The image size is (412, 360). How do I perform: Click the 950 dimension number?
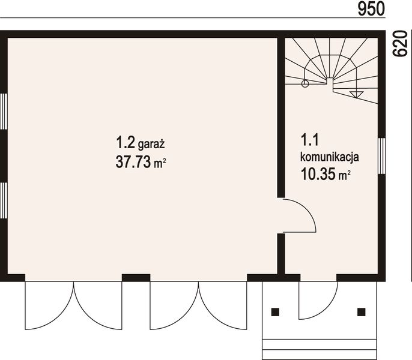pyautogui.click(x=371, y=9)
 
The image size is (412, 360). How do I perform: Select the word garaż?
pyautogui.click(x=151, y=145)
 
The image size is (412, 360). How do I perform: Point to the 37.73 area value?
pyautogui.click(x=133, y=162)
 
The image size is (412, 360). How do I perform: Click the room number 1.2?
pyautogui.click(x=126, y=143)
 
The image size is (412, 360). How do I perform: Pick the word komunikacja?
pyautogui.click(x=330, y=157)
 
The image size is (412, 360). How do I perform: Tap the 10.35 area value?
pyautogui.click(x=318, y=174)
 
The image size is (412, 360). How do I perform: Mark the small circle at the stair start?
pyautogui.click(x=305, y=84)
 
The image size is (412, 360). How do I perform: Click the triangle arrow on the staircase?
pyautogui.click(x=356, y=95)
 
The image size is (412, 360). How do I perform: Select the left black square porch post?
pyautogui.click(x=275, y=312)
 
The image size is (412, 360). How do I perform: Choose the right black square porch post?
pyautogui.click(x=362, y=312)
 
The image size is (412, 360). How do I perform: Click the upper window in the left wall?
pyautogui.click(x=4, y=112)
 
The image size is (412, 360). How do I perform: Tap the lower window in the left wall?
pyautogui.click(x=4, y=200)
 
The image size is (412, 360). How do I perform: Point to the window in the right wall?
pyautogui.click(x=382, y=156)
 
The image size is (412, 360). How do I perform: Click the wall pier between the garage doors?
pyautogui.click(x=136, y=278)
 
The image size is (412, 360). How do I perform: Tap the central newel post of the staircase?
pyautogui.click(x=330, y=81)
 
